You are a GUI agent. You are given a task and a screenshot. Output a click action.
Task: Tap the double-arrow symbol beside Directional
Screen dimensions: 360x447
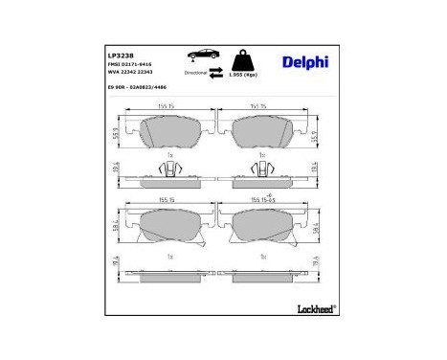216,73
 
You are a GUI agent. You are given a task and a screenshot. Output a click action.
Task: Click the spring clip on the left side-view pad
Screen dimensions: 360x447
169,171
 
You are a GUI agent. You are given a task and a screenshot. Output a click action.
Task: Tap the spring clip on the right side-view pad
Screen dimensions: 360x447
262,171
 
